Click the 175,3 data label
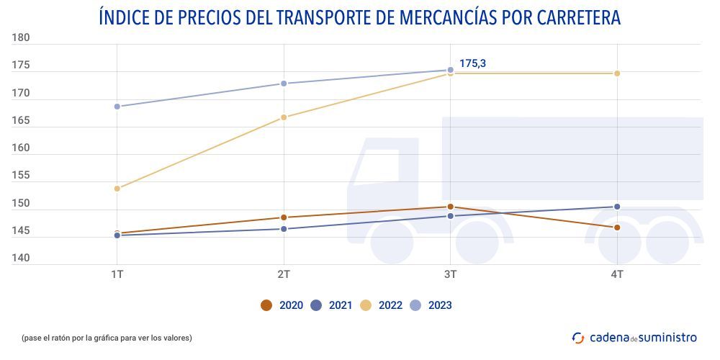[472, 64]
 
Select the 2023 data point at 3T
[451, 71]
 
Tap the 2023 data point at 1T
[117, 107]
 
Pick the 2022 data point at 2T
[284, 117]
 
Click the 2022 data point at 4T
[617, 73]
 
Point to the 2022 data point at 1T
[117, 189]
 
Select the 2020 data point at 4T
[617, 228]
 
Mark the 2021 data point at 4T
[617, 207]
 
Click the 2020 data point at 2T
[284, 217]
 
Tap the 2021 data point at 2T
[284, 229]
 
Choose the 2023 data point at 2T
[284, 84]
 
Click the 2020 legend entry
[282, 305]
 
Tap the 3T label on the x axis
[451, 276]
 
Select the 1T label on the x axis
[117, 276]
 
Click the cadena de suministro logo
[634, 337]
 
